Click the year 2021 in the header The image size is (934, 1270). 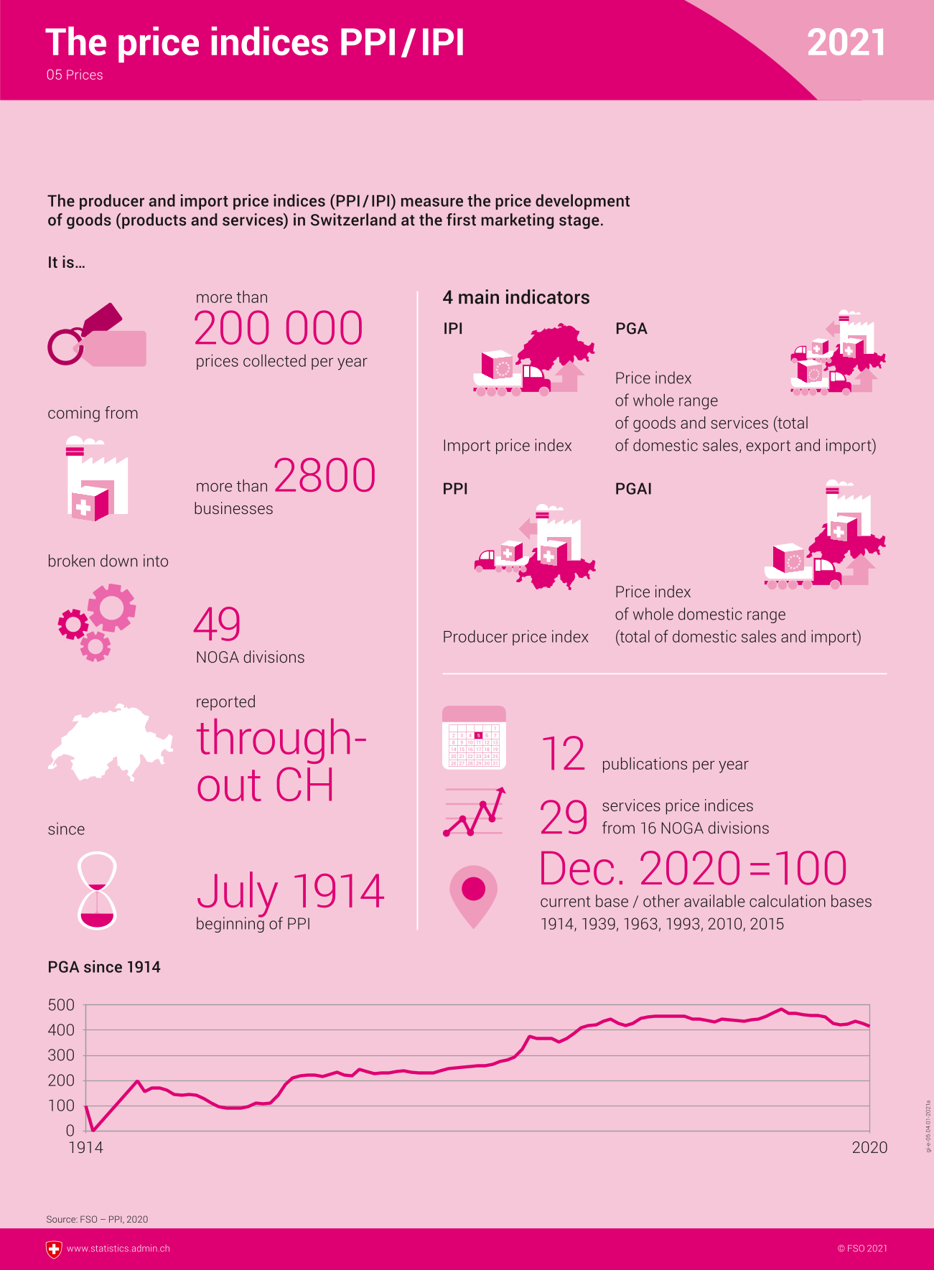tap(846, 43)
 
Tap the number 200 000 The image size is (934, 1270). tap(279, 329)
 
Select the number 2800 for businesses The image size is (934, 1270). tap(324, 476)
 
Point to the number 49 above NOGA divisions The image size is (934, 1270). tap(217, 625)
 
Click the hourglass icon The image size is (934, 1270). tap(97, 890)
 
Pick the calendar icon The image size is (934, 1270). tap(474, 738)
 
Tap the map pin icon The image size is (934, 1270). tap(473, 895)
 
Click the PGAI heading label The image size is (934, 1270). tap(633, 489)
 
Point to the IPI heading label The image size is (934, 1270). tap(453, 329)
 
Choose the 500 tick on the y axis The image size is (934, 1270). tap(61, 1005)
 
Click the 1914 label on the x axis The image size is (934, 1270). tap(85, 1147)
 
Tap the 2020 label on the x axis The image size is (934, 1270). tap(869, 1147)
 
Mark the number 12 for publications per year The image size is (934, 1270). tap(563, 755)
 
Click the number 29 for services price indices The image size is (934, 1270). tap(564, 818)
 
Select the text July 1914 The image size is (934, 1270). tap(291, 892)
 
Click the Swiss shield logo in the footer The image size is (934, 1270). tap(54, 1249)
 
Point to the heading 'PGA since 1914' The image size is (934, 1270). tap(104, 967)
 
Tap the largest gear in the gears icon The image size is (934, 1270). tap(112, 608)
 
